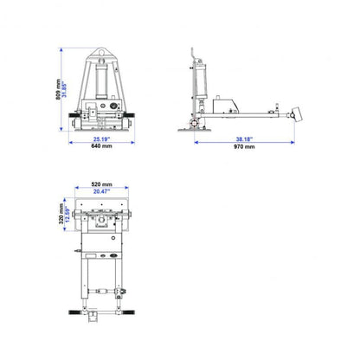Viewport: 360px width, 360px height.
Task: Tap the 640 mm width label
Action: pos(101,146)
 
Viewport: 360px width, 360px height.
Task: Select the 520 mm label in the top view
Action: pos(101,184)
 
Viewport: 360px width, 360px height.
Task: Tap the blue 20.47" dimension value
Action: pos(101,192)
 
